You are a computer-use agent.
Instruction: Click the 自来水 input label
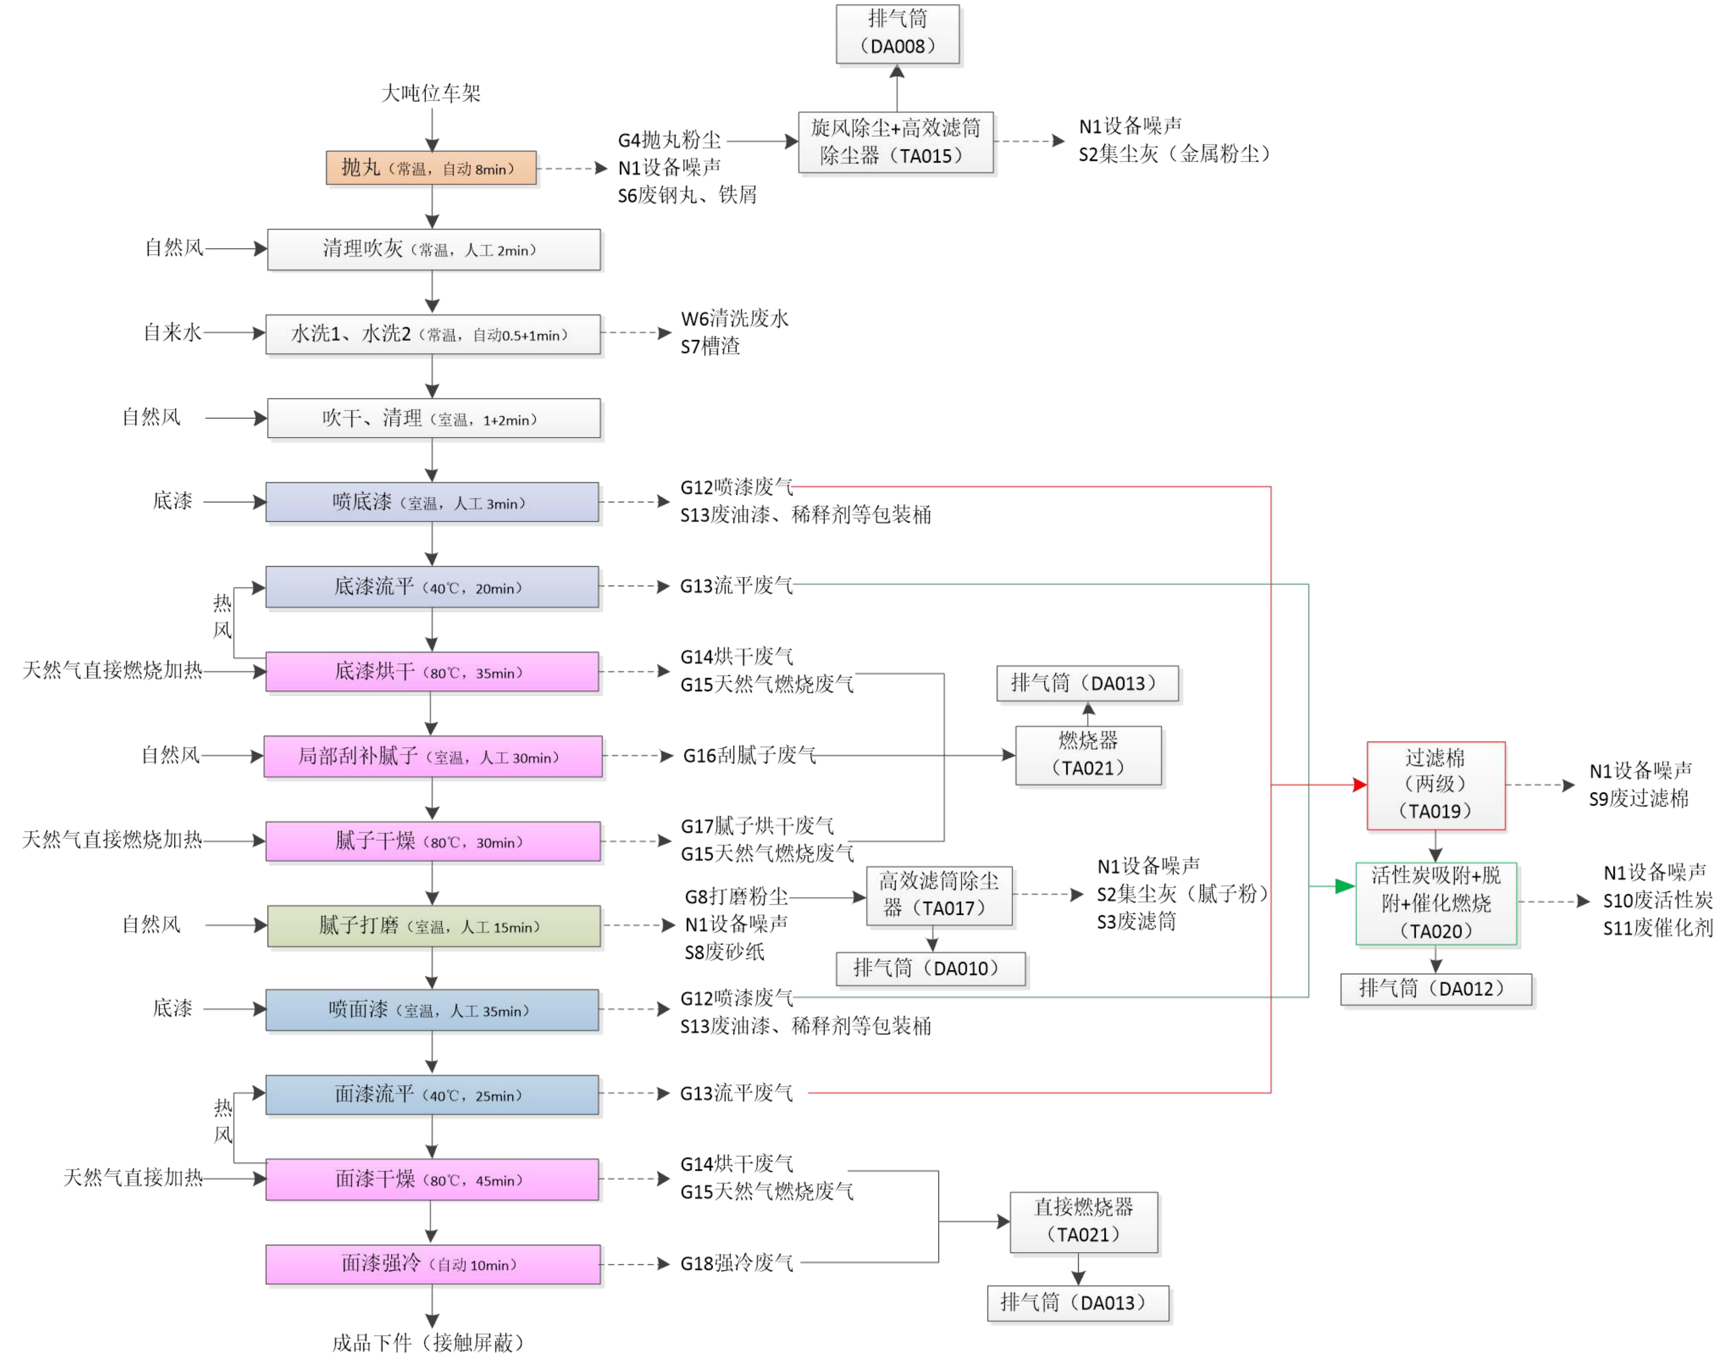(172, 333)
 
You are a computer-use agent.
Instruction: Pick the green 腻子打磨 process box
(434, 926)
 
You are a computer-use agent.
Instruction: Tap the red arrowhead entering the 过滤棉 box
(1359, 785)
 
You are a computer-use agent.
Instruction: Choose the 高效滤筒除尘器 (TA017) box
(939, 896)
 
